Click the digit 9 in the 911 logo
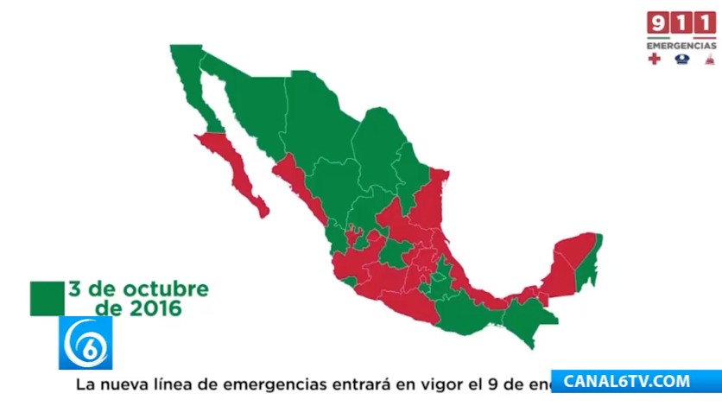(x=657, y=22)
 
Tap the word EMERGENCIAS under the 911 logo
(x=681, y=45)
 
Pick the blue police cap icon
(x=682, y=60)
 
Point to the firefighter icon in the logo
(x=707, y=60)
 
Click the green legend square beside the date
(x=47, y=297)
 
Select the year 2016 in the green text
(x=154, y=307)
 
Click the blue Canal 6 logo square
(x=85, y=343)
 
